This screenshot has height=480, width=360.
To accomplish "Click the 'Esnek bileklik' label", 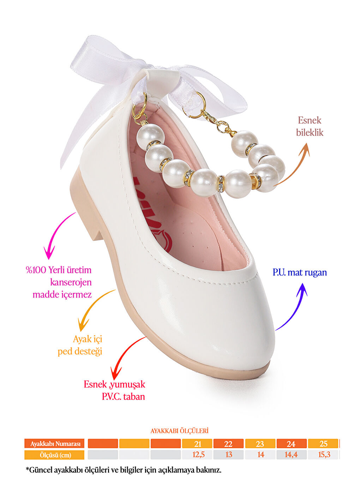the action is click(310, 126).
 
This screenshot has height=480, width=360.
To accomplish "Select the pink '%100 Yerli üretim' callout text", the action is click(59, 270).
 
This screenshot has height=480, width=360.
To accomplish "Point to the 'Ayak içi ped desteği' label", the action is click(80, 345).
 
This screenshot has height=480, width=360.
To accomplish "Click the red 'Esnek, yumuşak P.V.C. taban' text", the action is click(115, 390).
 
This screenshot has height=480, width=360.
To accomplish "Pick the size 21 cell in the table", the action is click(197, 444).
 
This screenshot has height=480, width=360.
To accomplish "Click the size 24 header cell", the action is click(292, 444).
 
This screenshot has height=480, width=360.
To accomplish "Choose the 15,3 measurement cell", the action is click(323, 455).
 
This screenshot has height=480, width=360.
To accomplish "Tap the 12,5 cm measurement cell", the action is click(197, 455).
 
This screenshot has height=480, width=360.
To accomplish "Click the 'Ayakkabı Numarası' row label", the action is click(54, 444).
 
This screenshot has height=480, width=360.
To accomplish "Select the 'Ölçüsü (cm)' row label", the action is click(54, 455).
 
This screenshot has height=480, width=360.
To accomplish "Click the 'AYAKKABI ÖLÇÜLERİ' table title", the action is click(179, 431).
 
